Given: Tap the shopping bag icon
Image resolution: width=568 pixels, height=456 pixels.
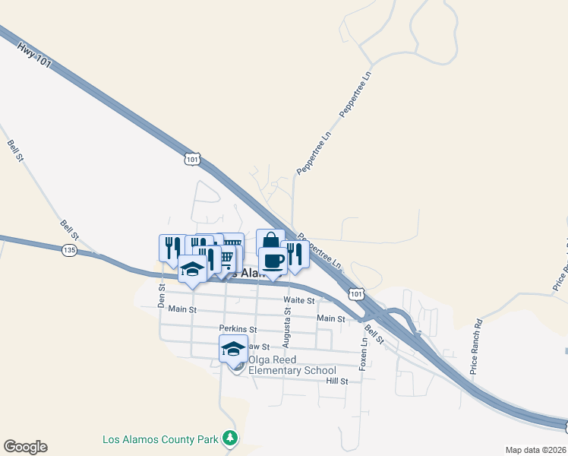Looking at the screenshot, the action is click(x=270, y=242).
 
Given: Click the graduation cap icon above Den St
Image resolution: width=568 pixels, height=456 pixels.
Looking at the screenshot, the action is click(x=193, y=270).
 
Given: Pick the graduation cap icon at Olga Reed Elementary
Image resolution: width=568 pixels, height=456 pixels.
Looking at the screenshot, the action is click(x=233, y=349).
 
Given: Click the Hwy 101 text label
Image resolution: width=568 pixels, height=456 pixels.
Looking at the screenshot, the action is click(x=34, y=55).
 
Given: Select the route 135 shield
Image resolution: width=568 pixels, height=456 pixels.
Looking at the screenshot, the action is click(x=70, y=250).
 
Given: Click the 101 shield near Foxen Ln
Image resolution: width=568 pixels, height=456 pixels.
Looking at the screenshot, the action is click(x=355, y=293).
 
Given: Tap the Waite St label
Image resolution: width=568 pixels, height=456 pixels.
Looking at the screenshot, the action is click(x=298, y=301).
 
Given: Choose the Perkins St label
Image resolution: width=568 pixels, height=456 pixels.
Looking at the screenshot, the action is click(x=238, y=329).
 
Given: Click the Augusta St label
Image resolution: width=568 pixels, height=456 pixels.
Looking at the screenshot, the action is click(x=288, y=322).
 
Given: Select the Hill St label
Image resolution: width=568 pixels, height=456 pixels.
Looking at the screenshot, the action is click(x=336, y=382).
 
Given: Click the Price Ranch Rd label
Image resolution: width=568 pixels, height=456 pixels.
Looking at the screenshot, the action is click(x=476, y=347).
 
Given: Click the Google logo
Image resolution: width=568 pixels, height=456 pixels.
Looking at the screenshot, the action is click(x=25, y=447).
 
